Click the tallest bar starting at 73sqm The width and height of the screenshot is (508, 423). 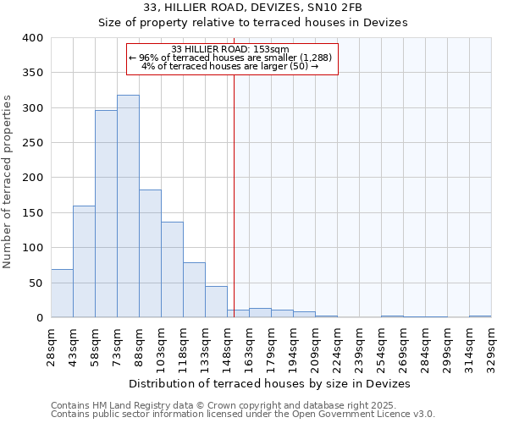[x=128, y=206]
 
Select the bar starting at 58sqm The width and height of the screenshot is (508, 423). [x=106, y=214]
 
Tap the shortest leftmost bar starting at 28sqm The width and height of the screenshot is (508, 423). [x=62, y=294]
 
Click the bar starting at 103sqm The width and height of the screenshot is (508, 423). [x=172, y=270]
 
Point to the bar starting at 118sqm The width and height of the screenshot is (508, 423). [x=194, y=290]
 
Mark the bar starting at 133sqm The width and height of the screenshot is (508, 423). [x=216, y=302]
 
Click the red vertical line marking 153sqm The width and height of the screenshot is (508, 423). [x=234, y=186]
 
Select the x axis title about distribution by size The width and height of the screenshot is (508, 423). [x=270, y=383]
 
